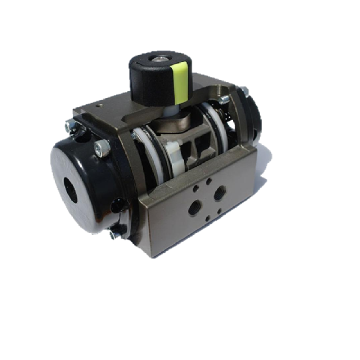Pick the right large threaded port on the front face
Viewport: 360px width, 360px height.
[x=219, y=195]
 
